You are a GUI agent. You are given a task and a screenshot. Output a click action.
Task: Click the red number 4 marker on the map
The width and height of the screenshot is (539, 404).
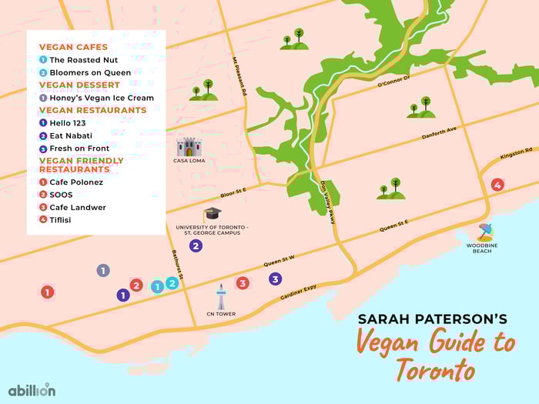497,185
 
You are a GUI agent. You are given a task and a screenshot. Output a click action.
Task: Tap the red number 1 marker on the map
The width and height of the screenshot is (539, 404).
47,292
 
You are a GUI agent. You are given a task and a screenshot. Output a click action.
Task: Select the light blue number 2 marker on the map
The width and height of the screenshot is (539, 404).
172,282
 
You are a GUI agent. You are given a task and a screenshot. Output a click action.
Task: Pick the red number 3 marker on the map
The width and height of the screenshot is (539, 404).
243,283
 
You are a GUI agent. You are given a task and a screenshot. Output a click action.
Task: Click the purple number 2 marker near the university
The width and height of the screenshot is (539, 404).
196,246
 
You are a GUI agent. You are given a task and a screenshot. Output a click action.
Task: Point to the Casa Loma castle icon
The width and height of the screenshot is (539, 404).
189,147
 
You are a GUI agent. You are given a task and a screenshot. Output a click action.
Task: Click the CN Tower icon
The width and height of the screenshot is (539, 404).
221,295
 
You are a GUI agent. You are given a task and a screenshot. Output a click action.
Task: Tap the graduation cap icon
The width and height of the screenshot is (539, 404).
212,214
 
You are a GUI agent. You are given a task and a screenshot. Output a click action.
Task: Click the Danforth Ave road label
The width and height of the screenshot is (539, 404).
439,135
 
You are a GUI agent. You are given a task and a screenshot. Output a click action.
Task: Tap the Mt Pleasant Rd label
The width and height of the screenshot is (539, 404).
239,76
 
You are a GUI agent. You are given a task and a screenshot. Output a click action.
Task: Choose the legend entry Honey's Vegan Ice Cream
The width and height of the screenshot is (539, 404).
102,98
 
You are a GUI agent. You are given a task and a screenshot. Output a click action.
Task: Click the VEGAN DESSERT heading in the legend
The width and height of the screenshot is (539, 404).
79,85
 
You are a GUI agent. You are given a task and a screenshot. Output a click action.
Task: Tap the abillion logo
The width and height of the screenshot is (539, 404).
32,389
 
